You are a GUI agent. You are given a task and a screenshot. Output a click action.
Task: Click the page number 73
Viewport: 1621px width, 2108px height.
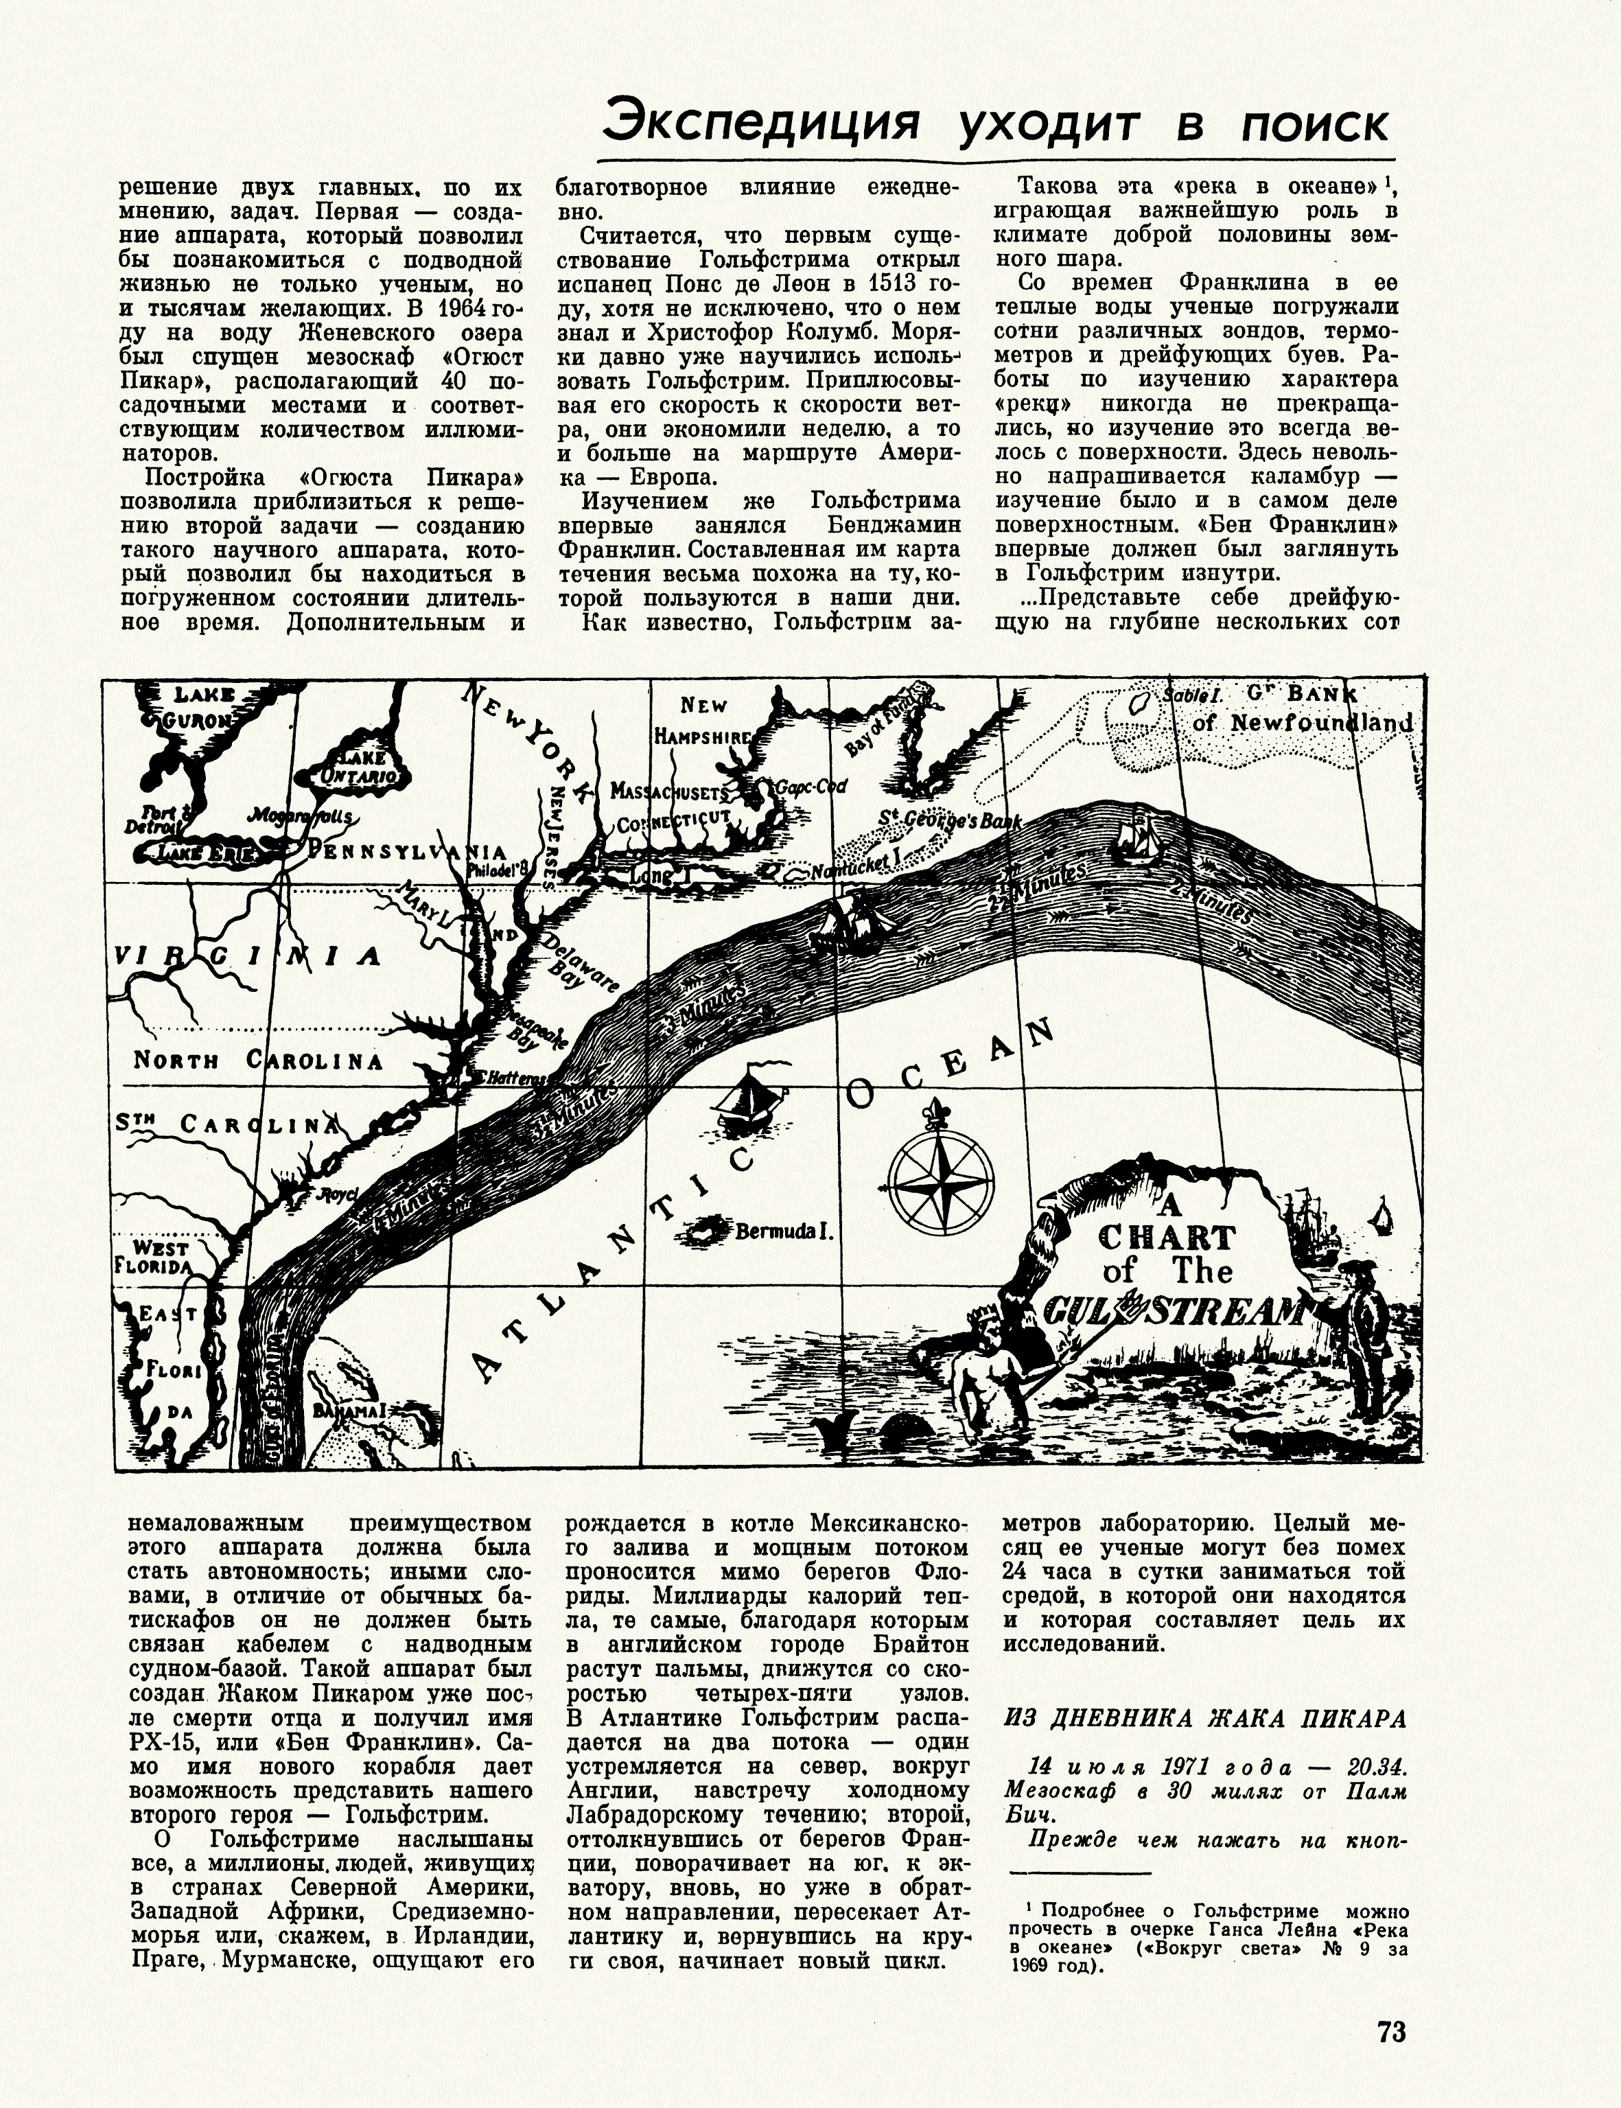click(x=1391, y=2030)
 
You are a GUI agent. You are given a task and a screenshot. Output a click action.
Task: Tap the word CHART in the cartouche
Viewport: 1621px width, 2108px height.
click(x=1167, y=1238)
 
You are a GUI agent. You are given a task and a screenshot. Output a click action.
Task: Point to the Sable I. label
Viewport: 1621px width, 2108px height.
click(x=1193, y=695)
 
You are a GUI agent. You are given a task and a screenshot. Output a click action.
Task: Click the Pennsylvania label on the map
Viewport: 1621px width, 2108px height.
click(x=405, y=851)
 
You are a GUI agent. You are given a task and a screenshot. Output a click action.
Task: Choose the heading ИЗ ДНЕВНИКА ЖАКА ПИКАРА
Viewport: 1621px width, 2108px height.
click(x=1204, y=1718)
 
